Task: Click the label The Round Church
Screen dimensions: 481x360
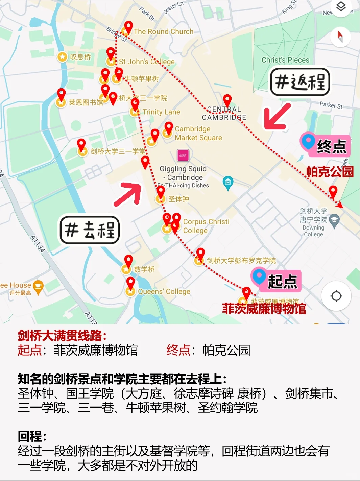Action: point(164,31)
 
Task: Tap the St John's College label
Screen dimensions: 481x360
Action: point(147,62)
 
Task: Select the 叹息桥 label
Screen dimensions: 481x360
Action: point(80,57)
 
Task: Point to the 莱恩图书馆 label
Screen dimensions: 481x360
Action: point(86,102)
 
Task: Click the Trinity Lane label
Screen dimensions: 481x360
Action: point(161,112)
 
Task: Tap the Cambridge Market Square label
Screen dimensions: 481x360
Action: point(198,133)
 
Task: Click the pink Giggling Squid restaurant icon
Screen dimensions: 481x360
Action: point(183,155)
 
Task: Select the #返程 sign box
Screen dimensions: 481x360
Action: point(300,82)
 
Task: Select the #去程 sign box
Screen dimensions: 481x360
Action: point(90,230)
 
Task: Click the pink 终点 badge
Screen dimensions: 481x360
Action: point(325,145)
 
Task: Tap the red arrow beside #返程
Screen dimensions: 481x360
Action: point(277,117)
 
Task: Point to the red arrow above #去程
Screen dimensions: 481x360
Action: point(128,194)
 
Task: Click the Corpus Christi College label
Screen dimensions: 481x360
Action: point(206,226)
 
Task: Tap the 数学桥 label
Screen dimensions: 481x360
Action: point(144,269)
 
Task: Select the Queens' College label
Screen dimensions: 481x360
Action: point(164,291)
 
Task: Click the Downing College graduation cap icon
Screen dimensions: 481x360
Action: point(334,221)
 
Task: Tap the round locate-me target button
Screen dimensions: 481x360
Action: point(336,296)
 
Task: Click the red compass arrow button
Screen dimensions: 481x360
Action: point(340,37)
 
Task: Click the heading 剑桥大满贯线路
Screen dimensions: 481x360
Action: point(62,336)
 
